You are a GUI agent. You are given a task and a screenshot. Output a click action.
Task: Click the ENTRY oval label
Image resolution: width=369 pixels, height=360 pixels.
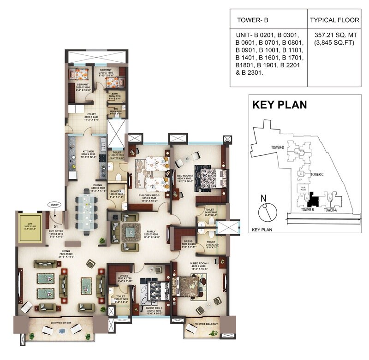(54, 204)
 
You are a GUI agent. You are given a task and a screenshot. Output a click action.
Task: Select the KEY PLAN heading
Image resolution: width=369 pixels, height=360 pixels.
(279, 105)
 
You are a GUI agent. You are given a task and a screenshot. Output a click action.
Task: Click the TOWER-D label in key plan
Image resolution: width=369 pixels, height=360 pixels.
(277, 147)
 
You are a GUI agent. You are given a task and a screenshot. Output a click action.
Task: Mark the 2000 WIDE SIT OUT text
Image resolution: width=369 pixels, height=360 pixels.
(62, 323)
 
